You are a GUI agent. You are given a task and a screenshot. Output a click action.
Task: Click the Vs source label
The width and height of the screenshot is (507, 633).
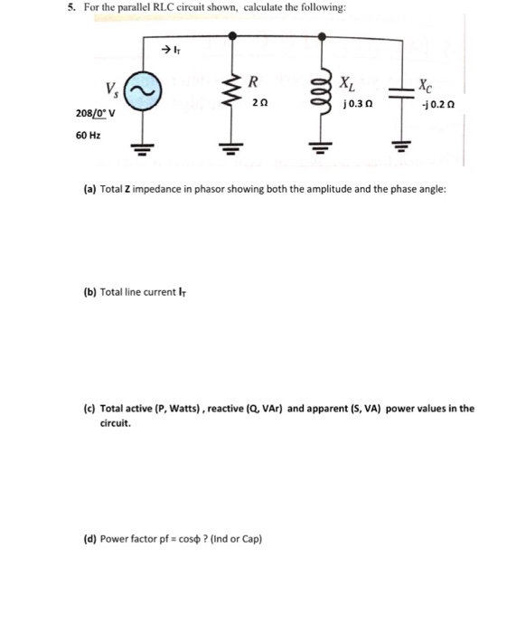point(110,89)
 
